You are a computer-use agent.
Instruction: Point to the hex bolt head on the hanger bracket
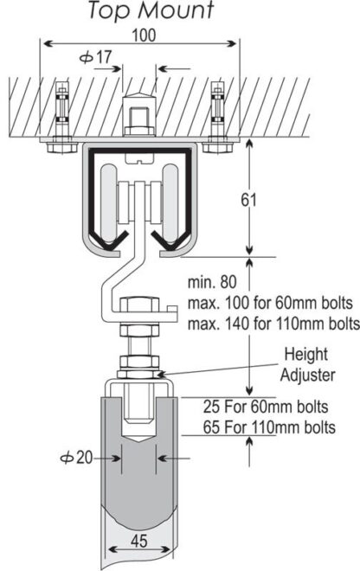[x=139, y=307]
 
